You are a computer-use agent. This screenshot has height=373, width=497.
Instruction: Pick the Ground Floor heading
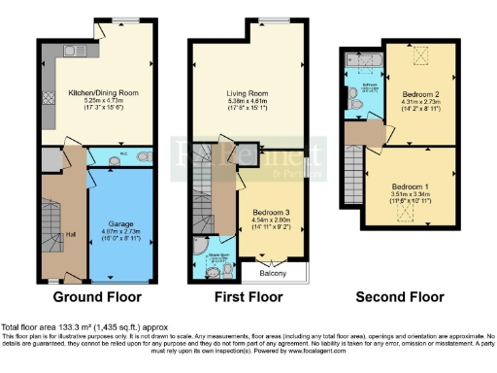click(x=96, y=297)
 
